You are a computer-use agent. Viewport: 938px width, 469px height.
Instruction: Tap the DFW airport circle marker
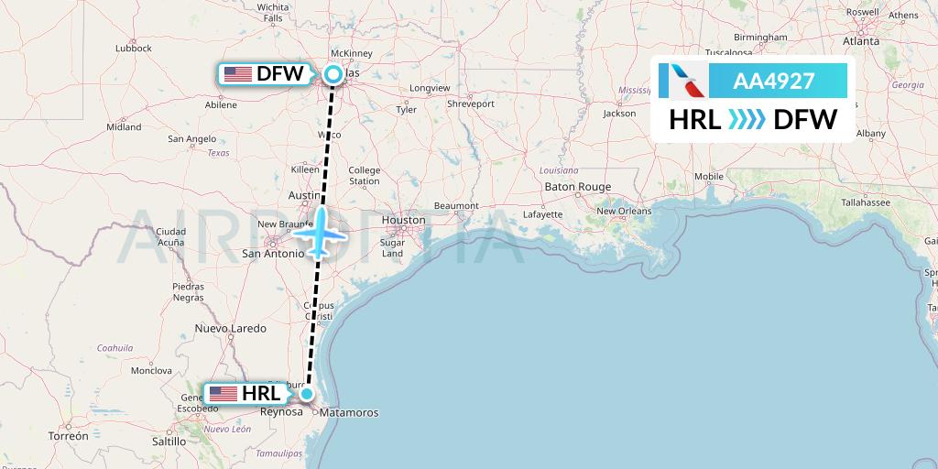coord(333,74)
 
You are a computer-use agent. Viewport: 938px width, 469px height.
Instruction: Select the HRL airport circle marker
coord(308,394)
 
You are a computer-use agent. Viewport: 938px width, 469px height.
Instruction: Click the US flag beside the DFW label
coord(238,74)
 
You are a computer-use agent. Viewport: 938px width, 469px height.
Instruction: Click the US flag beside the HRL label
coord(224,394)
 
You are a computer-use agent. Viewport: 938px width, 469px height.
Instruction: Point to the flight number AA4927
coord(773,81)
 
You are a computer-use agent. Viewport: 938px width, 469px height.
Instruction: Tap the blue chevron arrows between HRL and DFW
coord(747,119)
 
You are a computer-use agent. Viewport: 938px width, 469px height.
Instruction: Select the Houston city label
coord(404,220)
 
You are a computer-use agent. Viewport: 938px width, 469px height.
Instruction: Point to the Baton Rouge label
coord(577,187)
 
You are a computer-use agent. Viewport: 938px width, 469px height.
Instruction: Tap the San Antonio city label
coord(272,253)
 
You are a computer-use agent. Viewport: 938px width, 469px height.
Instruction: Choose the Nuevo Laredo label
coord(231,328)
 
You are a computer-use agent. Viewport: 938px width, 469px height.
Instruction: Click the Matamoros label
coord(349,413)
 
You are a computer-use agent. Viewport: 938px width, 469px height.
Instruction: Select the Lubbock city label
coord(134,48)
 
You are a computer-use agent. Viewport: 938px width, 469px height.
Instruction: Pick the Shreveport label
coord(471,104)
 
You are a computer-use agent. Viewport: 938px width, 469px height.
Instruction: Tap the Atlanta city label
coord(861,41)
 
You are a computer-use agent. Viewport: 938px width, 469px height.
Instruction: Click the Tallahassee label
coord(866,202)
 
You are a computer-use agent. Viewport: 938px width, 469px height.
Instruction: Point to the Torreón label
coord(69,437)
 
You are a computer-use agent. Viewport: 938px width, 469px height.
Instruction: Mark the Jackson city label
coord(619,114)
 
